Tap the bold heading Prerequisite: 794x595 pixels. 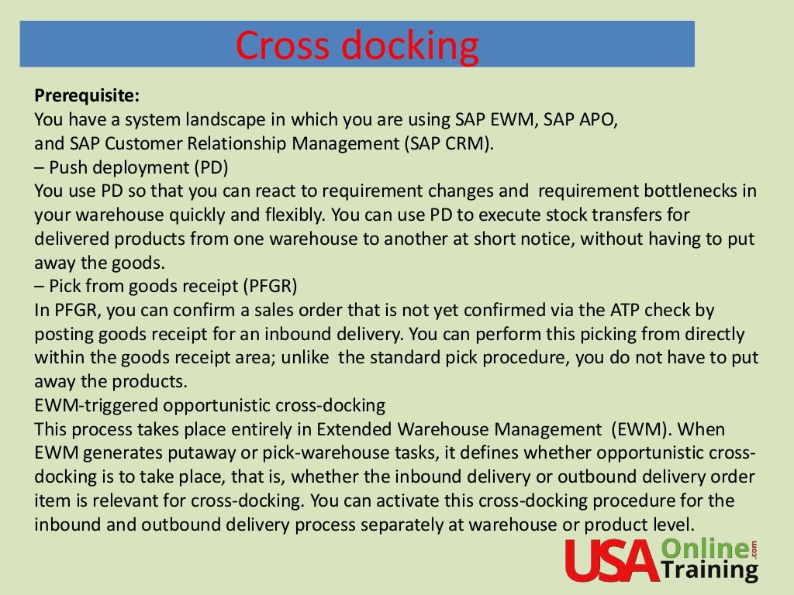(87, 97)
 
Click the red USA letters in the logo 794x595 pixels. (611, 560)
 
